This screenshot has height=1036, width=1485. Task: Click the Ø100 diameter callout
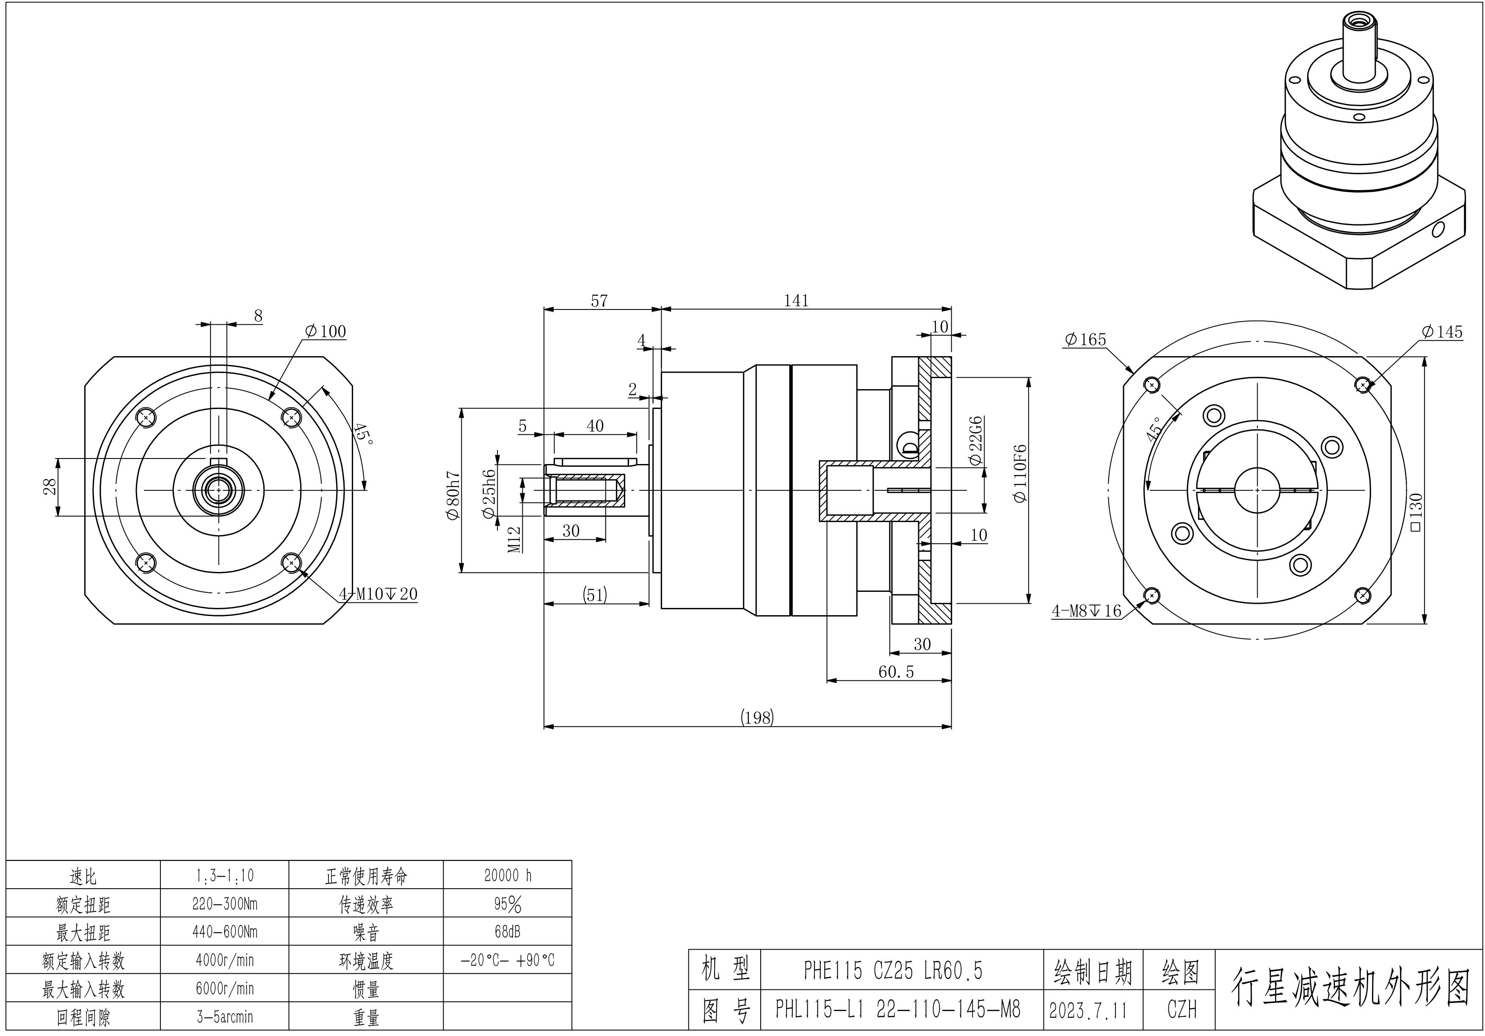(x=326, y=332)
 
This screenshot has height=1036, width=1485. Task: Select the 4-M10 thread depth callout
(x=378, y=594)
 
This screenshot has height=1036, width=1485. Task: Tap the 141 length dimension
(x=796, y=300)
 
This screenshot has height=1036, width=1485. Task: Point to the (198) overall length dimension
(x=757, y=717)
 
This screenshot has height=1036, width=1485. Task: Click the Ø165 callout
(x=1085, y=340)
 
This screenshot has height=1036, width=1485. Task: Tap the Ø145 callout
(x=1442, y=332)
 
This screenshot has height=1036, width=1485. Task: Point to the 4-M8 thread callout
(x=1087, y=611)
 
